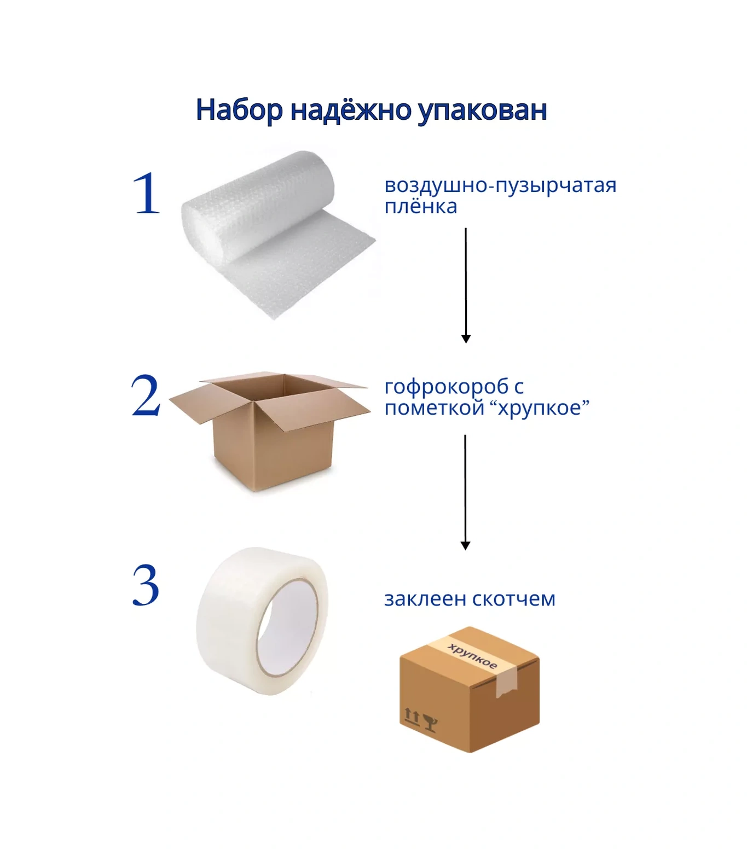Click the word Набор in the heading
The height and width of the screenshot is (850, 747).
click(239, 110)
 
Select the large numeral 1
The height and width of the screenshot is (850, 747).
click(147, 193)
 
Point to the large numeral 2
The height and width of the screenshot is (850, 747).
click(146, 395)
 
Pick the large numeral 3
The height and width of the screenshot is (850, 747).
click(146, 585)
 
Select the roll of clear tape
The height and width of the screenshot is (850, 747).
click(262, 621)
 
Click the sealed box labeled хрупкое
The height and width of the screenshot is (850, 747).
click(470, 689)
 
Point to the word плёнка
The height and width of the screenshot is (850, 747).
click(420, 207)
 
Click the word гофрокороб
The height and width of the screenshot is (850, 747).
click(447, 387)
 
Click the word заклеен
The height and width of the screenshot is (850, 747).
click(425, 599)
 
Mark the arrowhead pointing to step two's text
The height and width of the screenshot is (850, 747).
click(466, 339)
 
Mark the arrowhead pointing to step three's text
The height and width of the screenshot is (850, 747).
click(466, 546)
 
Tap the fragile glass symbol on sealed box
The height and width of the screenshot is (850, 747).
click(431, 723)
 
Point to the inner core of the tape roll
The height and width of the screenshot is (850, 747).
click(288, 628)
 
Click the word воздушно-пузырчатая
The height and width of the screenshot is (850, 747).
click(500, 186)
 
